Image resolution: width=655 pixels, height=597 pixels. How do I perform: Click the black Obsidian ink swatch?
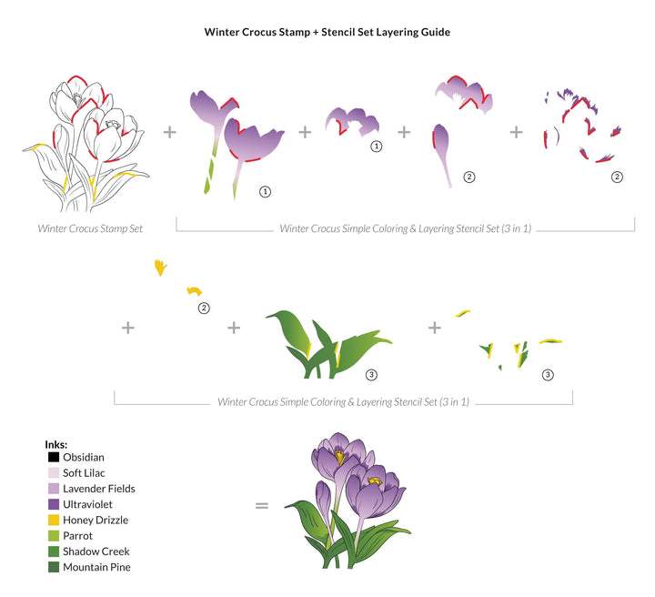pos(54,457)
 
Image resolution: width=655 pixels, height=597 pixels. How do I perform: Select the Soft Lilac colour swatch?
pos(54,473)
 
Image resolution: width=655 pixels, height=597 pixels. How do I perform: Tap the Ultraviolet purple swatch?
pos(54,504)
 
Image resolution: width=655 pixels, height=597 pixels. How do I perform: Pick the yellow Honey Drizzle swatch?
pos(54,521)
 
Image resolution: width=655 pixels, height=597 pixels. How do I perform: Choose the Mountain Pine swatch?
pos(54,567)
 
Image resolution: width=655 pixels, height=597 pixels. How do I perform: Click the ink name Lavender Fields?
pos(99,489)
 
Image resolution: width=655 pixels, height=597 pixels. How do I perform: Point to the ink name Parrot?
pos(77,536)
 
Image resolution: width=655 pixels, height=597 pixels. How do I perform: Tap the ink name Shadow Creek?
pos(96,551)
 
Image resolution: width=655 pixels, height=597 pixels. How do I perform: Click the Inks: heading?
pos(56,444)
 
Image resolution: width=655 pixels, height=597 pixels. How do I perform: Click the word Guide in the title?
pos(435,32)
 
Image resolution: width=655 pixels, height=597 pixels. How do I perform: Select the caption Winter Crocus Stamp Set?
pos(90,228)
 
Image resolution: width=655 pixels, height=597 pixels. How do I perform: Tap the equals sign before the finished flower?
pos(261,506)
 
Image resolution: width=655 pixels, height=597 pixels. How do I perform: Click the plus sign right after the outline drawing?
pos(169,132)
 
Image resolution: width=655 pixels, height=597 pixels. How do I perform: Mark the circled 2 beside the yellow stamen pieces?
pos(204,309)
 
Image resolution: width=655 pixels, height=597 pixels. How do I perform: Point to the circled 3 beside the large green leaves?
pos(371,375)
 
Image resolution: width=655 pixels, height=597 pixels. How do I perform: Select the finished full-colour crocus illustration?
pos(348,501)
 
